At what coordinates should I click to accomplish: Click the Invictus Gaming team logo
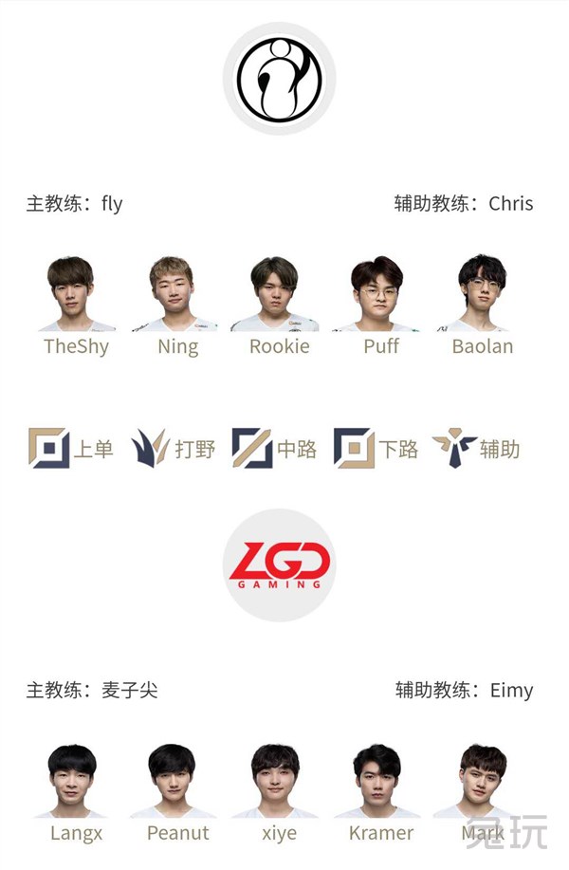tap(280, 78)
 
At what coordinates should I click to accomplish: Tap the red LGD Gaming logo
tap(280, 565)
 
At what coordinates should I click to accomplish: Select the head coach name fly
tap(112, 204)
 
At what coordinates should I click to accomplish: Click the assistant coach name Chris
tap(511, 204)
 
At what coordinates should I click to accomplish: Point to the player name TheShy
tap(77, 347)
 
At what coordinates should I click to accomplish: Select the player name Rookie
tap(280, 346)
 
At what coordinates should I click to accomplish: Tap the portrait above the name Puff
tap(377, 293)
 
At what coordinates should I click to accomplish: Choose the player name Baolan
tap(483, 346)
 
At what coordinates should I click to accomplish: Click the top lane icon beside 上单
tap(48, 448)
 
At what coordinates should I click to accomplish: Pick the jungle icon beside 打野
tap(150, 447)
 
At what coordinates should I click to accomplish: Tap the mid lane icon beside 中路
tap(252, 448)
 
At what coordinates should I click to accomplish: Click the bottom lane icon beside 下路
tap(354, 448)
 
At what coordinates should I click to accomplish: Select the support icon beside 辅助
tap(455, 448)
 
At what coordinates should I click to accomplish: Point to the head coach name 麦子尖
tap(130, 691)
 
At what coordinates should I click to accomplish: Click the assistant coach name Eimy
tap(511, 691)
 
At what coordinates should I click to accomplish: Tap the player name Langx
tap(77, 833)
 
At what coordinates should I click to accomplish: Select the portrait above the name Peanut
tap(173, 781)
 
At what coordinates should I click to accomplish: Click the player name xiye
tap(280, 833)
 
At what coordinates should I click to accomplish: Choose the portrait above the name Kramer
tap(377, 781)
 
